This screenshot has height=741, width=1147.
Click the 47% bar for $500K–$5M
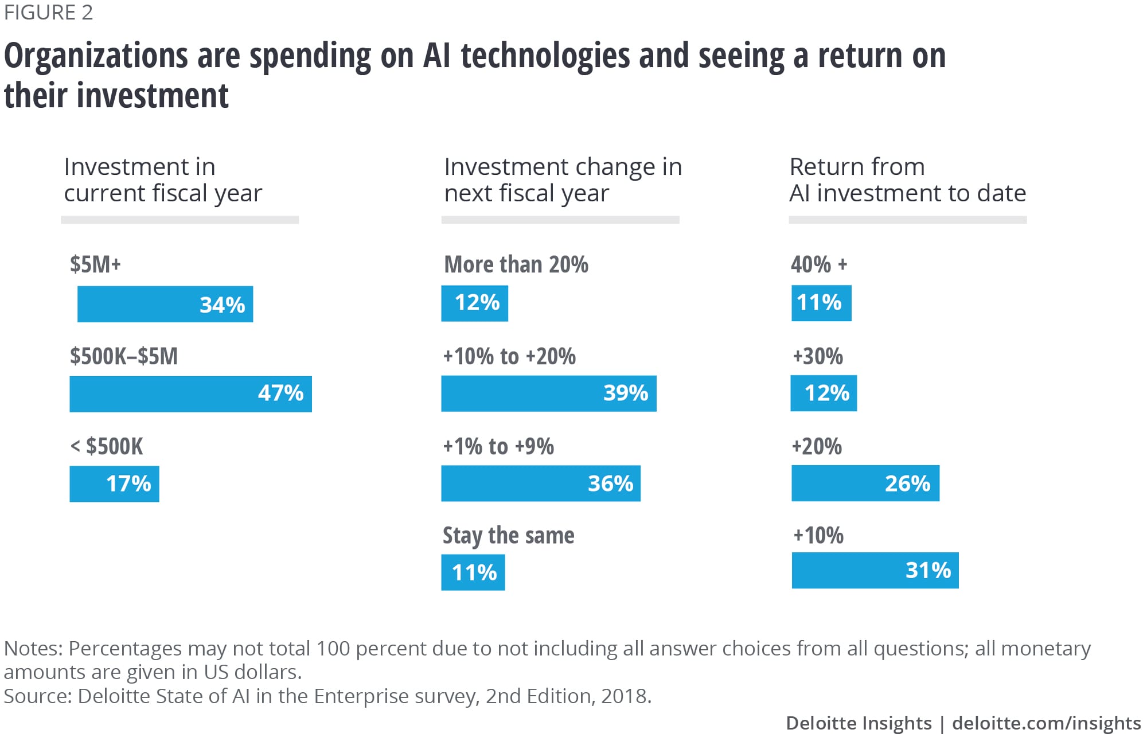[x=190, y=394]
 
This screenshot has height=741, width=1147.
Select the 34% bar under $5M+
[x=165, y=304]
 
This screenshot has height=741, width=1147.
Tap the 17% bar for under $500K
[x=114, y=483]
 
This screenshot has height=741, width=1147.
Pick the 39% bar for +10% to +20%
[x=548, y=393]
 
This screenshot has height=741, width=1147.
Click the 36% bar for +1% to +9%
[x=540, y=483]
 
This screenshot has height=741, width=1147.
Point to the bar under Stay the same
[x=473, y=572]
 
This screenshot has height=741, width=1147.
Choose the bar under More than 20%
[x=474, y=303]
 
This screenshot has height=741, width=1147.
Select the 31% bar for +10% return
[x=875, y=570]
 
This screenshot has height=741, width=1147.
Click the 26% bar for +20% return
[x=865, y=483]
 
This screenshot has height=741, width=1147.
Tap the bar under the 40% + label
[x=821, y=303]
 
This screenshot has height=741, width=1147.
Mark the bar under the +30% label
[x=824, y=393]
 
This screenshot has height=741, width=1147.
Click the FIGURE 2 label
[x=48, y=13]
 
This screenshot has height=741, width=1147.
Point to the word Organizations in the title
[x=96, y=56]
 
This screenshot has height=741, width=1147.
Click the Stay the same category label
[x=508, y=536]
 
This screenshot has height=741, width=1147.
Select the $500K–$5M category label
[x=123, y=356]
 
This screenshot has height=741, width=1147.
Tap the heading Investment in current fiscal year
[x=163, y=180]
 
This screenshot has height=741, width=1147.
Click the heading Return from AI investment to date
[x=907, y=180]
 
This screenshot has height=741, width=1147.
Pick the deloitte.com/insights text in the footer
[x=1046, y=723]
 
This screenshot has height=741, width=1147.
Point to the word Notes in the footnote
[x=33, y=648]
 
